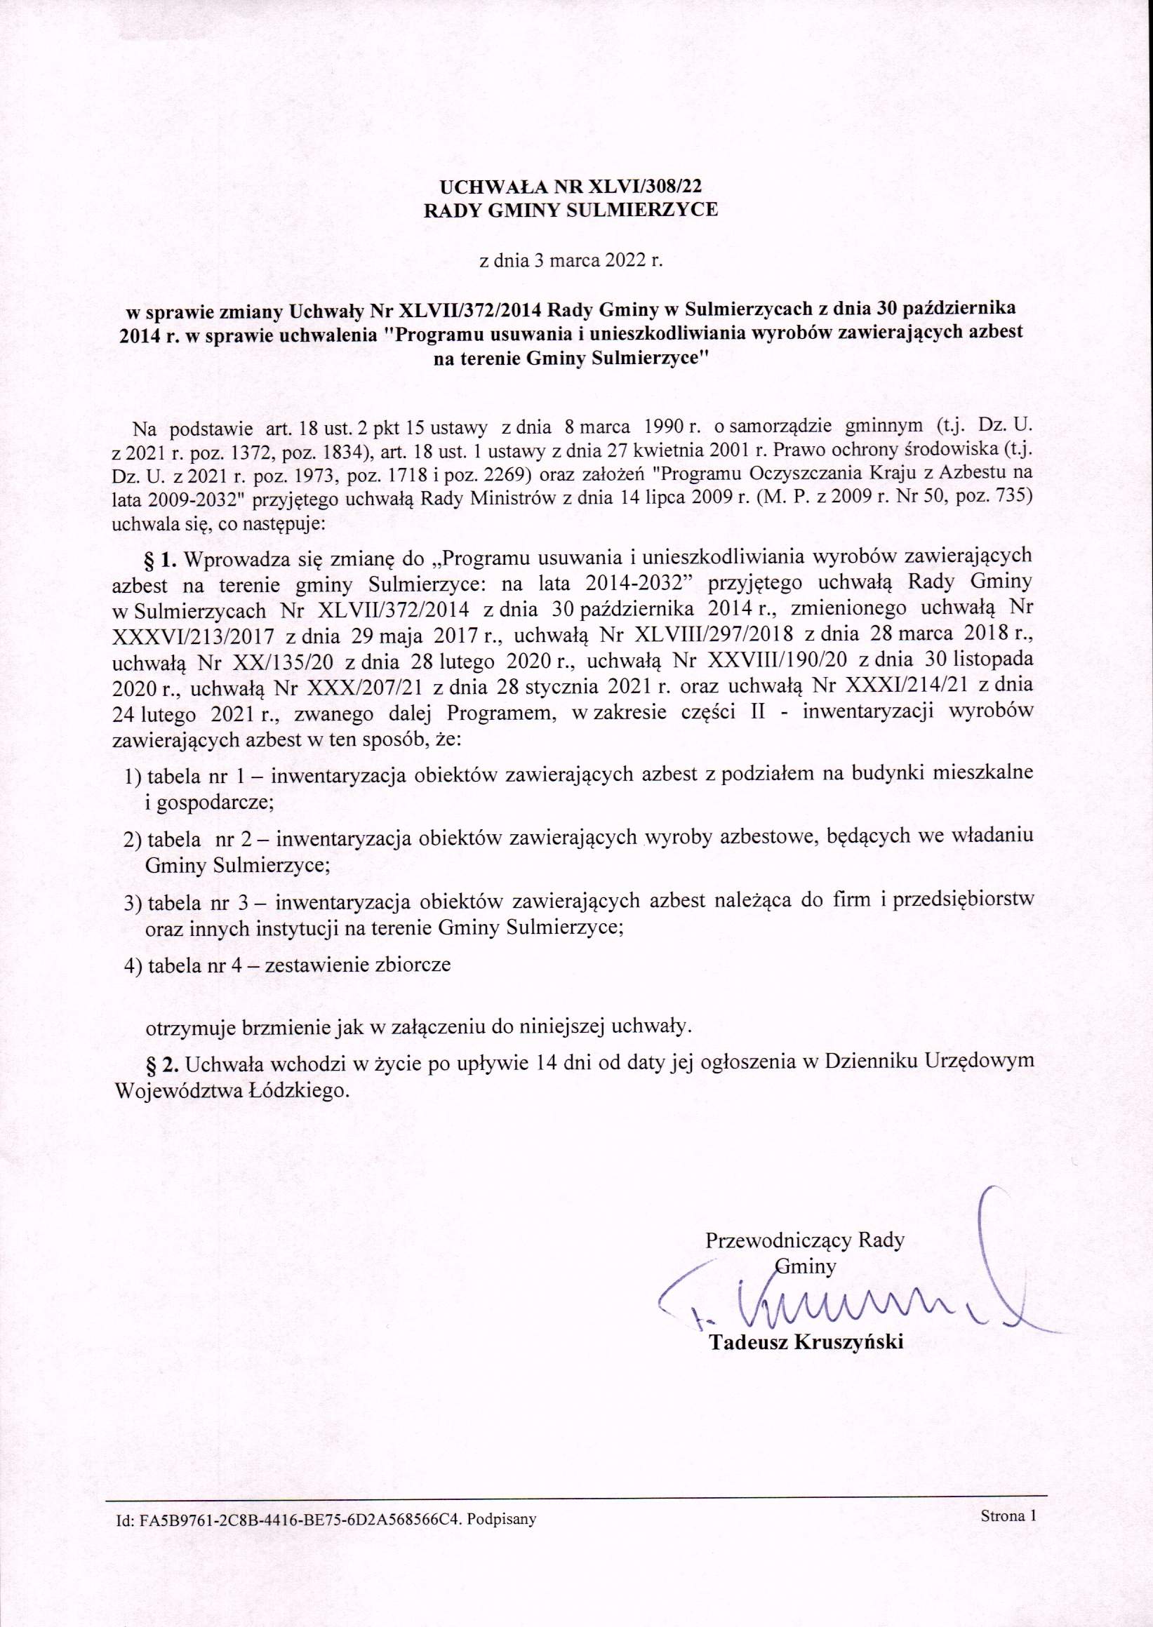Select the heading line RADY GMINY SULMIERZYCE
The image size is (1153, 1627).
coord(571,210)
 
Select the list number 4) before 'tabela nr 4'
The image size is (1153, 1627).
coord(133,966)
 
